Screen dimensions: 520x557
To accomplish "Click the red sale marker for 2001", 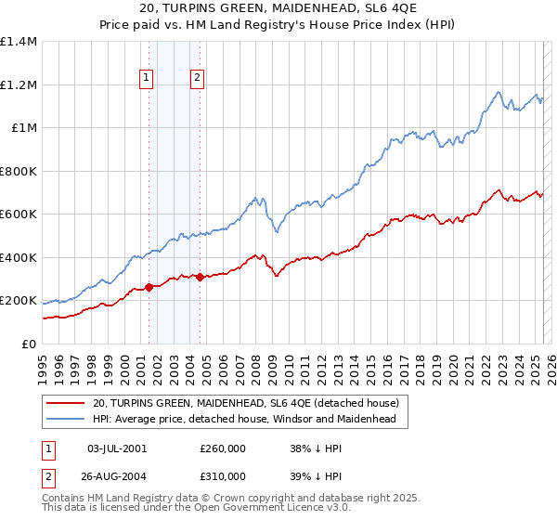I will [x=149, y=288].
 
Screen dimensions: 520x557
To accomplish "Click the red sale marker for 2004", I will [x=201, y=277].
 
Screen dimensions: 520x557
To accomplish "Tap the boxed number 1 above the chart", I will [x=147, y=79].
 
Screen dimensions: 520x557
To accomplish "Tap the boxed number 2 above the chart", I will [x=198, y=79].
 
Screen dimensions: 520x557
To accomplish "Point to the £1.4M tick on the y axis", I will [x=19, y=42].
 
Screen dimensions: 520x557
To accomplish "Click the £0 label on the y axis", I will [x=29, y=344].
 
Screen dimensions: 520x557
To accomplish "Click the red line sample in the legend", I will [x=66, y=403].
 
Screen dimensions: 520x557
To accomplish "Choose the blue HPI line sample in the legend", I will [x=66, y=420].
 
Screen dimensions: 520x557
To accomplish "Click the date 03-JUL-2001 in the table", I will [x=116, y=448].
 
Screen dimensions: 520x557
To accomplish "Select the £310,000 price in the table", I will [x=223, y=475].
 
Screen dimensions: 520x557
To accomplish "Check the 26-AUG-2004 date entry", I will [x=116, y=475].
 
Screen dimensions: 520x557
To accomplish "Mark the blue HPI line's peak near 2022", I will [x=499, y=92].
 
